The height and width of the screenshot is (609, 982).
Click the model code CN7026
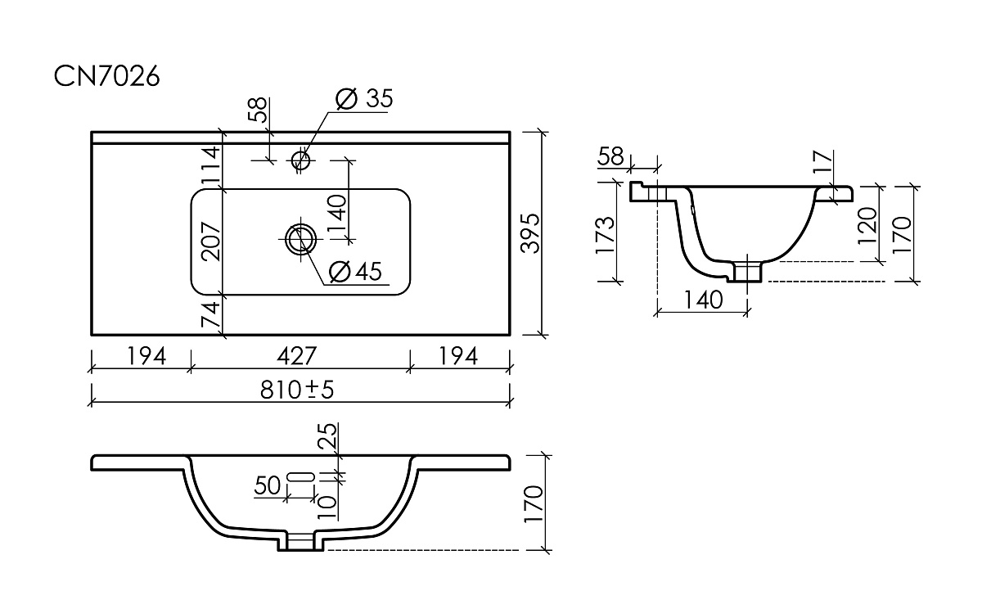(x=106, y=76)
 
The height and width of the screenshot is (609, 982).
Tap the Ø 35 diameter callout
(x=364, y=99)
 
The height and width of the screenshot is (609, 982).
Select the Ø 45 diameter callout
(x=355, y=272)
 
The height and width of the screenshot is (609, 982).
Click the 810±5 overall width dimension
(x=297, y=390)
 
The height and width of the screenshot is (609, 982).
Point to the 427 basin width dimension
(x=297, y=355)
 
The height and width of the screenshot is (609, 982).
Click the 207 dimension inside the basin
(x=211, y=241)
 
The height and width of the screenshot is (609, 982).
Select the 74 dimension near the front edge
(x=211, y=314)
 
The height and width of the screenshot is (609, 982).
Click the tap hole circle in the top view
(x=301, y=160)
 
